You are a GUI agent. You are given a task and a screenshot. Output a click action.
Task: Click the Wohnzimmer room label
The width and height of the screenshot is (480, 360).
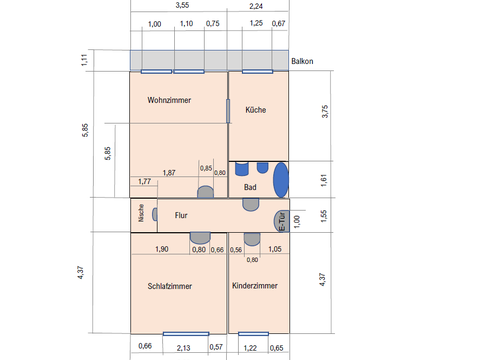pos(169,100)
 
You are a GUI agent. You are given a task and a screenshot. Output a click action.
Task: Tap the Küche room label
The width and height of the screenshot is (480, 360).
pos(256,110)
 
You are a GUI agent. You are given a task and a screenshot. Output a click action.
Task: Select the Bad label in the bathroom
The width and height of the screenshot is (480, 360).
pos(250,187)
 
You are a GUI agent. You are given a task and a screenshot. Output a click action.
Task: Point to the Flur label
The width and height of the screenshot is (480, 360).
pos(181,215)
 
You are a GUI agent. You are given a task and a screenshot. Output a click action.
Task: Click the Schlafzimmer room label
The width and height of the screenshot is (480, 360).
pos(170,286)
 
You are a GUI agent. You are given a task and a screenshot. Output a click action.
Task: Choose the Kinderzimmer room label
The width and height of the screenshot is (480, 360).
pos(255,286)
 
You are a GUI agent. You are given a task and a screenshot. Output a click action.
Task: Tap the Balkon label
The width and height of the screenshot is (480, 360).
pos(302,61)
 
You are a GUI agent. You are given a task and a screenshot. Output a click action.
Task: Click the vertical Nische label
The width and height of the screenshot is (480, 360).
pos(141,213)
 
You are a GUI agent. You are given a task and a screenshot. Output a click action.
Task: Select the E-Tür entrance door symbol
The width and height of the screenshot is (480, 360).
pos(281,221)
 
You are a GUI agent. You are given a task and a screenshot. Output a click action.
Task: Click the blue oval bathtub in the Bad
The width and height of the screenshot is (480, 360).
pos(281,180)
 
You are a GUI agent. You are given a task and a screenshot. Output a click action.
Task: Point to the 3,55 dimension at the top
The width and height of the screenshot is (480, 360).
pos(182,5)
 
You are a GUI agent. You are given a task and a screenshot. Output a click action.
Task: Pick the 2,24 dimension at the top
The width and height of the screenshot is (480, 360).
pos(256,6)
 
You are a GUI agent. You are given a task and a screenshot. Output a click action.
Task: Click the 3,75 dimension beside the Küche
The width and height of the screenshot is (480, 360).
pos(325,111)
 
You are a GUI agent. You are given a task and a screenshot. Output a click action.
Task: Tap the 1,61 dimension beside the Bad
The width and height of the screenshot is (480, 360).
pos(324,180)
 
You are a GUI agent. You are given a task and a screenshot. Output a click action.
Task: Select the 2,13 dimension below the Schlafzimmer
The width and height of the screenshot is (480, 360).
pos(183,348)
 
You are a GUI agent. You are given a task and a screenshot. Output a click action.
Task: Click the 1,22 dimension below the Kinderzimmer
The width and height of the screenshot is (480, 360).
pos(250,348)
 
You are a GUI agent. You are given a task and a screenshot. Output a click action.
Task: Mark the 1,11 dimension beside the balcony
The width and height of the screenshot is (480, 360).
pos(84,60)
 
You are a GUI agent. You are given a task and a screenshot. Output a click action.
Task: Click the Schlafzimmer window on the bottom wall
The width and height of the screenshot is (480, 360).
pos(186,334)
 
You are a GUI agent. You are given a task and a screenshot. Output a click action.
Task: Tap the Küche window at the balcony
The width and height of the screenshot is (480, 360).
pos(257,72)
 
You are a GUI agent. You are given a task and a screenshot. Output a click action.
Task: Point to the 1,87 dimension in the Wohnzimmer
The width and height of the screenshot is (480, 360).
pos(169,173)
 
